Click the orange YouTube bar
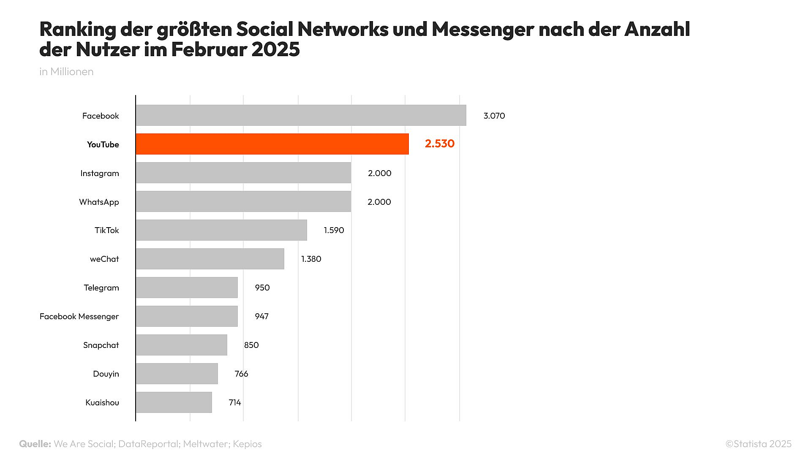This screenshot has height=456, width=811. point(272,144)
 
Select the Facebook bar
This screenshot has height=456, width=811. point(301,115)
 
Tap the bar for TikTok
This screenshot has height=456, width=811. point(221,230)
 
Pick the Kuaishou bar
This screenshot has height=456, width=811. point(174,402)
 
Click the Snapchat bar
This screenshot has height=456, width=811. point(181,345)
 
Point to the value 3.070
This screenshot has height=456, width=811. point(494,116)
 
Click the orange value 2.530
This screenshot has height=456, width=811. point(439,144)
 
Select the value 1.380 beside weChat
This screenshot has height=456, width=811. point(311,259)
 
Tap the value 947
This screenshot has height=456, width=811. point(261,316)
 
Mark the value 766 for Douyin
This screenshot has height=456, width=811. point(241,374)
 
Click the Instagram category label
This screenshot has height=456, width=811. point(100,173)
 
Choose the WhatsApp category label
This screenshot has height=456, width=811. point(99,202)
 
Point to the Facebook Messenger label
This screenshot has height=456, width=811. point(79,316)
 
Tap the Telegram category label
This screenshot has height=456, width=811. point(101,288)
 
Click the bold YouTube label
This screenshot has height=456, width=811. point(103,144)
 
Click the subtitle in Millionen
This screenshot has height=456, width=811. point(66,71)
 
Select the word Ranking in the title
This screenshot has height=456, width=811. point(78,29)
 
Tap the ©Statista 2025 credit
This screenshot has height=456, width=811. point(758,444)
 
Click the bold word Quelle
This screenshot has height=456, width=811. point(35,444)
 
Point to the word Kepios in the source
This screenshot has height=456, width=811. point(247,444)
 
